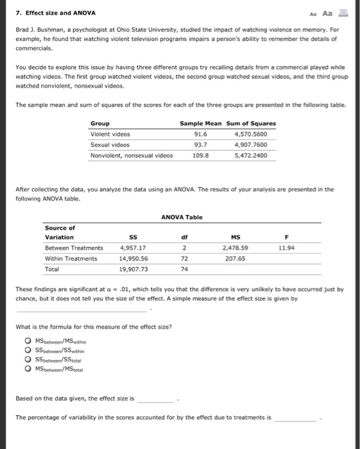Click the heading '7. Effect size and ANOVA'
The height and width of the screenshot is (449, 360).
[x=51, y=13]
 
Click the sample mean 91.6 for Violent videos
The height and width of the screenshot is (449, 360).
[x=200, y=134]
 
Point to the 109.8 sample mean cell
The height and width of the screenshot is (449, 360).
[x=201, y=155]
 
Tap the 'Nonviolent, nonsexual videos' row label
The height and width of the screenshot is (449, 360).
[x=132, y=155]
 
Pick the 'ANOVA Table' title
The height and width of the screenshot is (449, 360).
[x=182, y=217]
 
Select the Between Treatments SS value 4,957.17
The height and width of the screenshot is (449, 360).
[x=133, y=248]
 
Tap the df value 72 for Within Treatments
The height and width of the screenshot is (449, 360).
[x=184, y=258]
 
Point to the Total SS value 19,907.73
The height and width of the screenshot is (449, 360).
[x=133, y=269]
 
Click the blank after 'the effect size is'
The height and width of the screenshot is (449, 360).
[x=155, y=399]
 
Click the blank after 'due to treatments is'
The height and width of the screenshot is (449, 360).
[x=295, y=418]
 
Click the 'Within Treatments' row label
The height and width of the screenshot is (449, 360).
[x=71, y=258]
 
